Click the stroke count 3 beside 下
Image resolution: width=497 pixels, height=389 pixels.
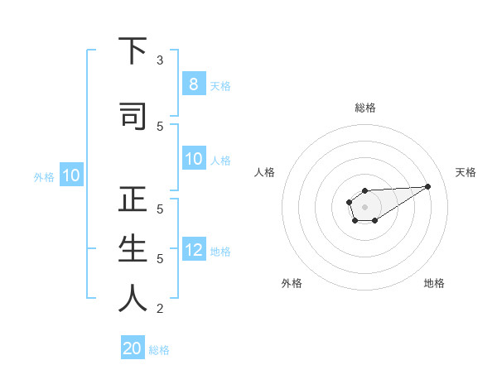point(160,60)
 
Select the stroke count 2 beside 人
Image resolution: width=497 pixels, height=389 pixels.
point(160,309)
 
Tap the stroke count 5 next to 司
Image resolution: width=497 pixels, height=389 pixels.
point(160,126)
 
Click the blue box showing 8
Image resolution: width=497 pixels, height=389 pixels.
point(193,84)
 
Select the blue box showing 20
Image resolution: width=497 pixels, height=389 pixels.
point(133,348)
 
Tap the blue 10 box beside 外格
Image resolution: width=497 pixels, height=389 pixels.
point(70,175)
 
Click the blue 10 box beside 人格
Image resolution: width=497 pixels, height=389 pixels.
point(193,159)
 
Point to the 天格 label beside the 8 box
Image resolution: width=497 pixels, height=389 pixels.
point(220,85)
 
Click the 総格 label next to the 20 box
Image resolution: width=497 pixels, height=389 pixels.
point(159,350)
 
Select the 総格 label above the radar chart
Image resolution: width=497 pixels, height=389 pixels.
point(364,108)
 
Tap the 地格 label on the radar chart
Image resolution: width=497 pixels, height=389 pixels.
point(434,283)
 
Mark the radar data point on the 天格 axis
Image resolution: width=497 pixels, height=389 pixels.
point(428,185)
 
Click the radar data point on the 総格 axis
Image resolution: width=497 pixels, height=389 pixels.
point(364,190)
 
